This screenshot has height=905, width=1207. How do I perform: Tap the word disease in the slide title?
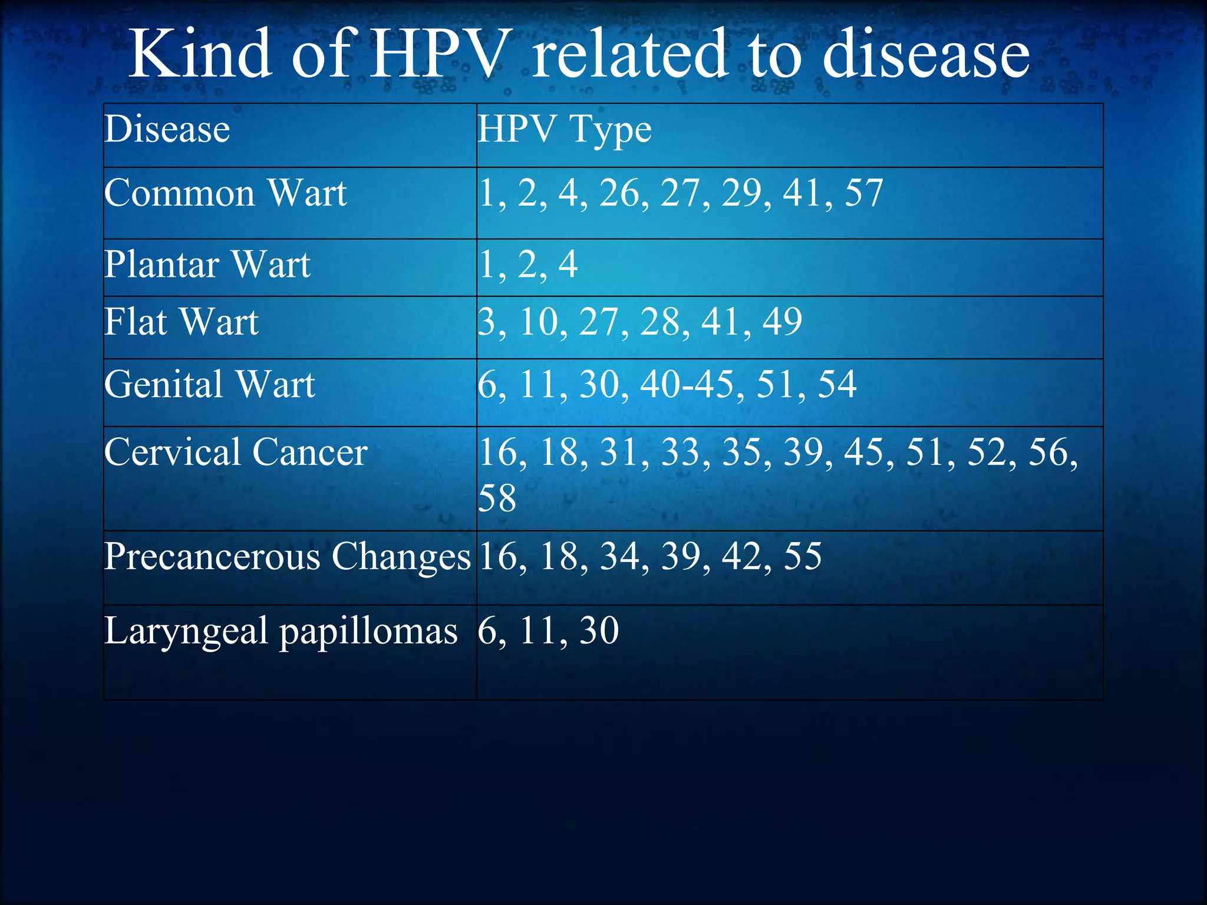[925, 54]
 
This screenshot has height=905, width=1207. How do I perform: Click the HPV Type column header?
[565, 130]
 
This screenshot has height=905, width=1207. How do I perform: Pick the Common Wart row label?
[225, 193]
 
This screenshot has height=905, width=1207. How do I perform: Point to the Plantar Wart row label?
[207, 265]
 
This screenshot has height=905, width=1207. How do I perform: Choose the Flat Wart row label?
[181, 322]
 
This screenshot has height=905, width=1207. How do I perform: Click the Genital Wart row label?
[209, 385]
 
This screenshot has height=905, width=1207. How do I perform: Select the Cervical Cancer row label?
[236, 452]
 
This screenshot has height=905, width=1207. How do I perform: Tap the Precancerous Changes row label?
[287, 557]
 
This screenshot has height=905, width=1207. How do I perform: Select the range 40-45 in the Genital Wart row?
[687, 385]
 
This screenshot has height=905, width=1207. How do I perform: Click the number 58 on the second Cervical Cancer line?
[497, 498]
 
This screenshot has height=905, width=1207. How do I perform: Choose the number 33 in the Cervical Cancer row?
[681, 452]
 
